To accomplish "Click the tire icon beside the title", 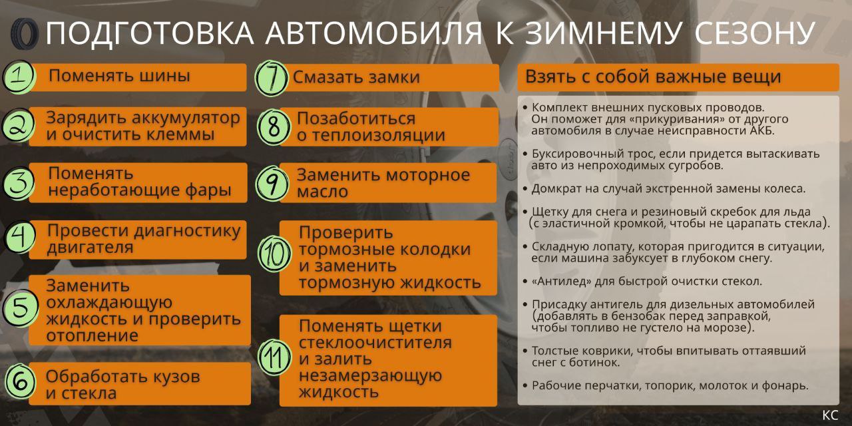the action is (x=25, y=34).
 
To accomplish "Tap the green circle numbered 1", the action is (x=19, y=77).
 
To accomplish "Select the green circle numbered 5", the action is (x=21, y=308).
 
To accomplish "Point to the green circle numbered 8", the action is (x=274, y=126).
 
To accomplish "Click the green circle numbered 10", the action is (x=274, y=254).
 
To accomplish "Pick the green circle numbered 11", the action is (x=274, y=357).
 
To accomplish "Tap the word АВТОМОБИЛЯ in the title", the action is (x=374, y=33).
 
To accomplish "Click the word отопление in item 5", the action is (x=92, y=335).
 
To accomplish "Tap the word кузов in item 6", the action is (x=176, y=377).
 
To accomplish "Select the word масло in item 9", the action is (x=322, y=191).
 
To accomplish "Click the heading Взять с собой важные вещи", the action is (x=653, y=77).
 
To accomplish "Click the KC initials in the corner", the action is (x=830, y=415).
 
